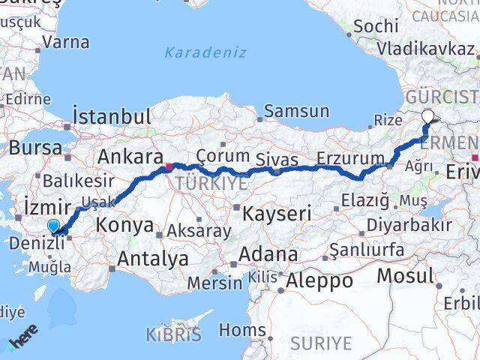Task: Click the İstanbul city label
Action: point(112,117)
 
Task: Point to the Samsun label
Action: point(297,112)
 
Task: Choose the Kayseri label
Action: point(276,214)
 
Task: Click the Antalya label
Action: point(148,259)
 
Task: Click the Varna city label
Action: point(67,42)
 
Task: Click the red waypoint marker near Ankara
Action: point(169,166)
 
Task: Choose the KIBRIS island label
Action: point(173,334)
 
